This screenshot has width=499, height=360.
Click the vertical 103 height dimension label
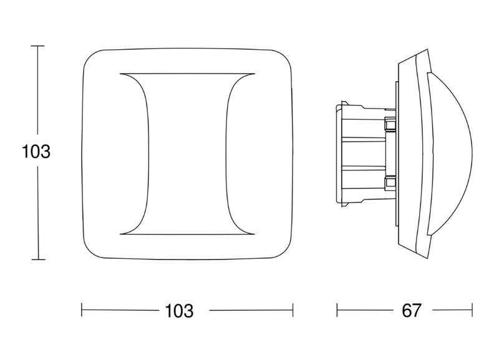36,152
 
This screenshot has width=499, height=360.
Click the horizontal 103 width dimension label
179,311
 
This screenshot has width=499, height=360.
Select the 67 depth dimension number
412,310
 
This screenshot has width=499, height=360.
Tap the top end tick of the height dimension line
38,46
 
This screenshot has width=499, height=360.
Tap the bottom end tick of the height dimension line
38,260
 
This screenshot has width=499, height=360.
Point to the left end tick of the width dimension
82,310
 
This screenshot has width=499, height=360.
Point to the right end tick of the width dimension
293,310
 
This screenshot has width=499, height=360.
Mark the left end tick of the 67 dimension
337,310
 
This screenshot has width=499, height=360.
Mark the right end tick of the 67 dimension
472,310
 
